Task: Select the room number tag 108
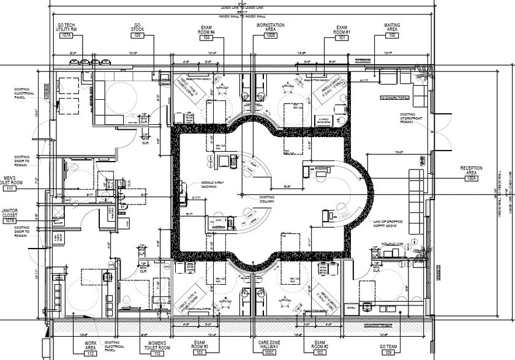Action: click(x=138, y=36)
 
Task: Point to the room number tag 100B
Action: click(x=270, y=37)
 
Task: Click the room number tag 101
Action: click(x=340, y=37)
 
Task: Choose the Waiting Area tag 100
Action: click(x=392, y=36)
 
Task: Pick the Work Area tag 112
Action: click(x=91, y=354)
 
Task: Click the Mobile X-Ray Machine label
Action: click(x=203, y=186)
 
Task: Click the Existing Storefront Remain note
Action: click(x=412, y=118)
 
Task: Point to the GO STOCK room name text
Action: click(x=138, y=28)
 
